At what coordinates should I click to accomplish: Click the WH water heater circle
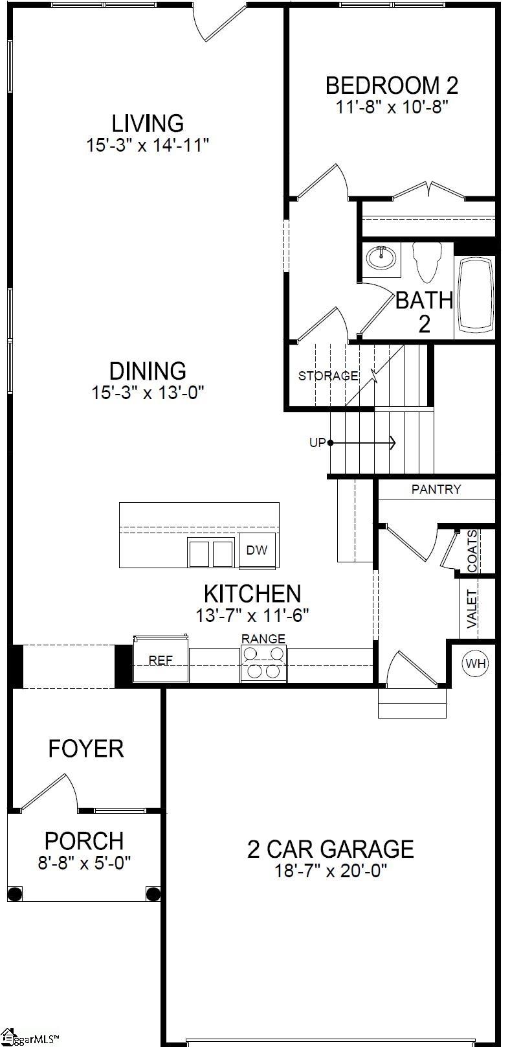point(476,663)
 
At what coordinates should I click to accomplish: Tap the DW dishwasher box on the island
point(257,551)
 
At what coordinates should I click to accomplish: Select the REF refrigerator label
point(161,660)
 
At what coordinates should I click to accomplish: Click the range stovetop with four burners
point(264,663)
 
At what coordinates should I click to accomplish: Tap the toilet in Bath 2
point(427,261)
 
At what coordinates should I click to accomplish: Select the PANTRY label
point(436,489)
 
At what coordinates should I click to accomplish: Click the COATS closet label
point(472,551)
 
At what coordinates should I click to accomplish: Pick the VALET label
point(472,609)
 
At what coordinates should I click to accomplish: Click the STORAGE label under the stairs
point(327,376)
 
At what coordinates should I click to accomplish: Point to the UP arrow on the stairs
point(362,443)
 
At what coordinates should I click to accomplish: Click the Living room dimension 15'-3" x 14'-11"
point(148,144)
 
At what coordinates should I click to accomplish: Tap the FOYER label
point(85,748)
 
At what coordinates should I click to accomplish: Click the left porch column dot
point(16,894)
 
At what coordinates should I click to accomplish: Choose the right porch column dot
point(153,894)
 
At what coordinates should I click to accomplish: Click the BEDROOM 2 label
point(392,86)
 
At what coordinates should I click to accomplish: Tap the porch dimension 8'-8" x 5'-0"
point(84,862)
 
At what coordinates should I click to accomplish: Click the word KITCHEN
point(252,593)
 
